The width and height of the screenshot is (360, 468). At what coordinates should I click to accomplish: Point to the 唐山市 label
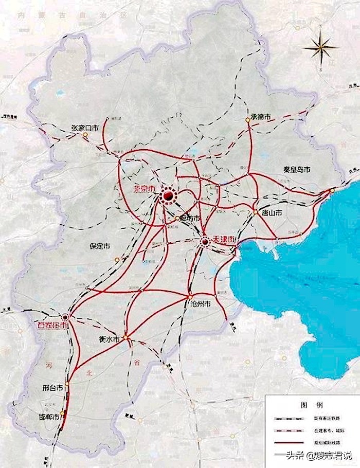(x=271, y=212)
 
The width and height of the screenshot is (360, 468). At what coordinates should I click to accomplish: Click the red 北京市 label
(x=145, y=189)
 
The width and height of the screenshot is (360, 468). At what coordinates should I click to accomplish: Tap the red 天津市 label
(x=225, y=239)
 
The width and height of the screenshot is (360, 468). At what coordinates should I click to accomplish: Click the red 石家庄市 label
(x=50, y=326)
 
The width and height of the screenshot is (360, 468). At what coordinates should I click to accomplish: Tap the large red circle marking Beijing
(x=168, y=195)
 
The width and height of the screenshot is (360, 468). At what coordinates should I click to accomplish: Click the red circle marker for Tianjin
(x=205, y=241)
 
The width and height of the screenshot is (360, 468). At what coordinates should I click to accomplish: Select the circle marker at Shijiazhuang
(x=66, y=317)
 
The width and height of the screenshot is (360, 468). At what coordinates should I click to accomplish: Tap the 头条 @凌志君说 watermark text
(x=319, y=455)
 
